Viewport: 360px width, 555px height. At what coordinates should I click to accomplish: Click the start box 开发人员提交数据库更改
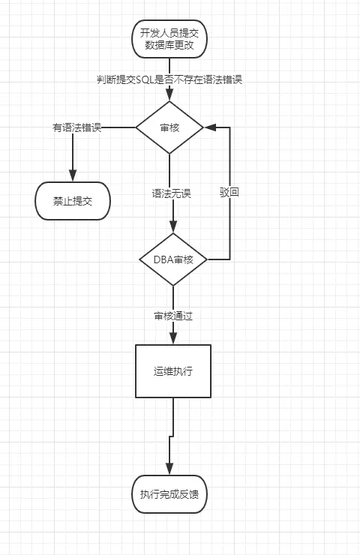point(169,40)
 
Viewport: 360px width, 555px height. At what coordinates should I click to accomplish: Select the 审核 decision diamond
point(169,127)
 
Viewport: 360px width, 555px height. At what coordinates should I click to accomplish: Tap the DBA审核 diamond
point(173,259)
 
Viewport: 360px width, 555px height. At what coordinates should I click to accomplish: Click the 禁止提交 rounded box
point(73,201)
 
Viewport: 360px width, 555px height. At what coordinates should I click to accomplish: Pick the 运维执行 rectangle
point(173,371)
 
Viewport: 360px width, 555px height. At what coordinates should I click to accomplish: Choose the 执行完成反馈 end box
point(169,494)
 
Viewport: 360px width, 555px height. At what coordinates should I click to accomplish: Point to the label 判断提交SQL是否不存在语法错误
point(169,79)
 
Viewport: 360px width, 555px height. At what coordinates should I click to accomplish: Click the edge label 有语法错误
point(76,127)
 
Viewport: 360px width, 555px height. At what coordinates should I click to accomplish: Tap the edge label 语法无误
point(172,193)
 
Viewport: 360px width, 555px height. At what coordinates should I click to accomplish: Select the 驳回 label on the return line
point(229,193)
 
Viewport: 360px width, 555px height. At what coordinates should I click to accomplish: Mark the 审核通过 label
point(173,316)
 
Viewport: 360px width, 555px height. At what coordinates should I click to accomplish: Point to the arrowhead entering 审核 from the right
point(209,127)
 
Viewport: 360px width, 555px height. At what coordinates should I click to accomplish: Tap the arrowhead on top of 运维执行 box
point(173,340)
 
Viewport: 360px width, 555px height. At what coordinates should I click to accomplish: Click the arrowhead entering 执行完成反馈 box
point(169,470)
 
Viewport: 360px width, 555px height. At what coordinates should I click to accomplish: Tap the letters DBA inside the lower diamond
point(163,259)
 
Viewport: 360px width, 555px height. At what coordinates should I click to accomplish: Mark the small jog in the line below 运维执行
point(172,436)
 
